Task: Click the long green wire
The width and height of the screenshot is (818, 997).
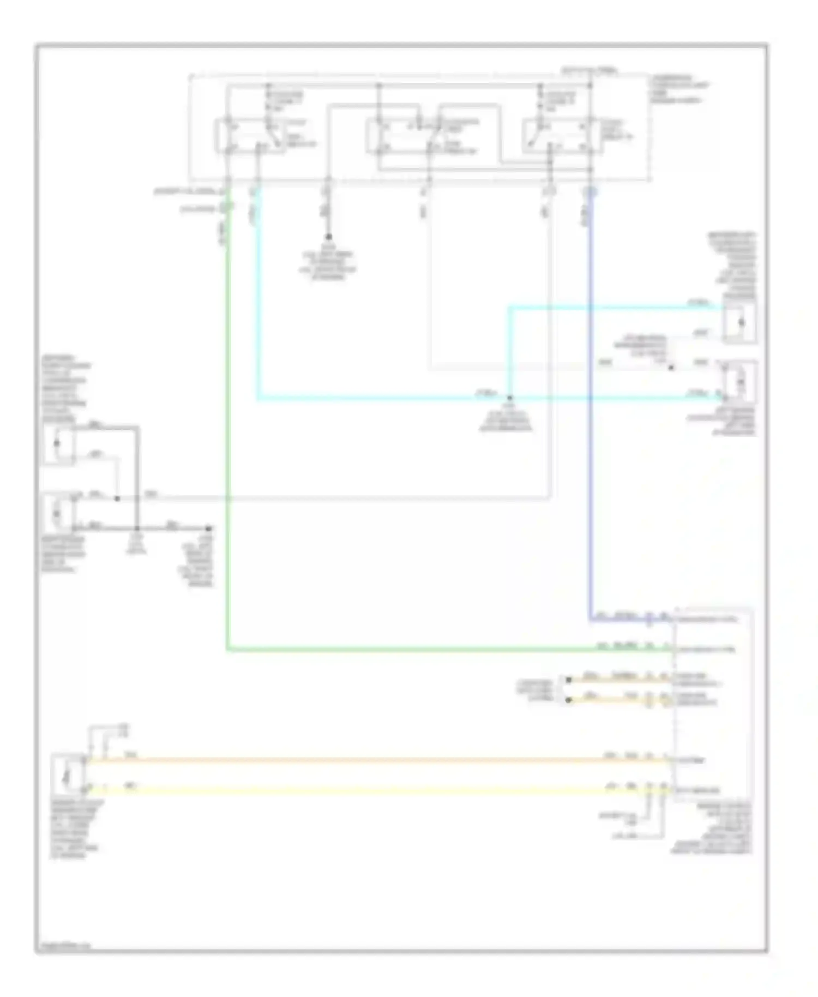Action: point(228,436)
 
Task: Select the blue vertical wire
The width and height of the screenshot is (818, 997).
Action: point(590,409)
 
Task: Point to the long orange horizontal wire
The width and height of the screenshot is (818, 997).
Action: point(376,759)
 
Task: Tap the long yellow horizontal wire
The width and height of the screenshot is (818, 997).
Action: point(376,789)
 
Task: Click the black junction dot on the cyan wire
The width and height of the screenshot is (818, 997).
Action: point(509,398)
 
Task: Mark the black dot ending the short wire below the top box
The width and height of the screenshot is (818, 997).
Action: point(328,237)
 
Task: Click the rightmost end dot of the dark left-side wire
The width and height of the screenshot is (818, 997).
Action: point(208,528)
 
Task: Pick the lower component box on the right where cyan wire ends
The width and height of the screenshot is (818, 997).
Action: point(740,382)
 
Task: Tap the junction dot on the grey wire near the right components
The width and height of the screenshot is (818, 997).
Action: point(671,368)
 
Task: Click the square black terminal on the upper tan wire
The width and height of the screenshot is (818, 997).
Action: point(569,680)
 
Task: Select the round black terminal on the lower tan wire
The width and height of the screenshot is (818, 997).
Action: point(569,700)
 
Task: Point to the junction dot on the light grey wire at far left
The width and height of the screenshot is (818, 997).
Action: point(117,498)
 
